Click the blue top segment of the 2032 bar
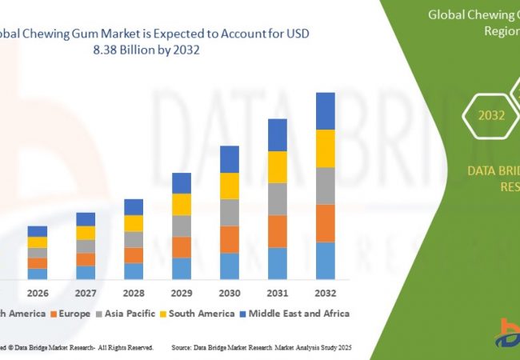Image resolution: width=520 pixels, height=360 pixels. (325, 110)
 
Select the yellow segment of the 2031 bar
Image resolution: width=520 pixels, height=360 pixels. (277, 167)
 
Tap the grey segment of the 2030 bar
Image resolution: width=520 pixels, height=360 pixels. (230, 212)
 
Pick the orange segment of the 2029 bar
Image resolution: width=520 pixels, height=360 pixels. (182, 247)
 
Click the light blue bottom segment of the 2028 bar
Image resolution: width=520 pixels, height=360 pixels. (134, 271)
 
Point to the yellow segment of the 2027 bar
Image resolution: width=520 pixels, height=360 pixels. (86, 233)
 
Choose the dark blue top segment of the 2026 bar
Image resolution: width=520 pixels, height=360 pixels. (38, 231)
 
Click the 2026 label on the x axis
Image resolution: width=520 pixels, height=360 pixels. (38, 293)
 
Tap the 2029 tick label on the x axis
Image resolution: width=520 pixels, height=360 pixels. (182, 293)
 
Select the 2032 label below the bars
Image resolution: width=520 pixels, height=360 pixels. (325, 293)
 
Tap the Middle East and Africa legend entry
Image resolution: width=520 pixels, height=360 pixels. (299, 314)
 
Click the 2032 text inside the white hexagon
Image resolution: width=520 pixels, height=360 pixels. (491, 115)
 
